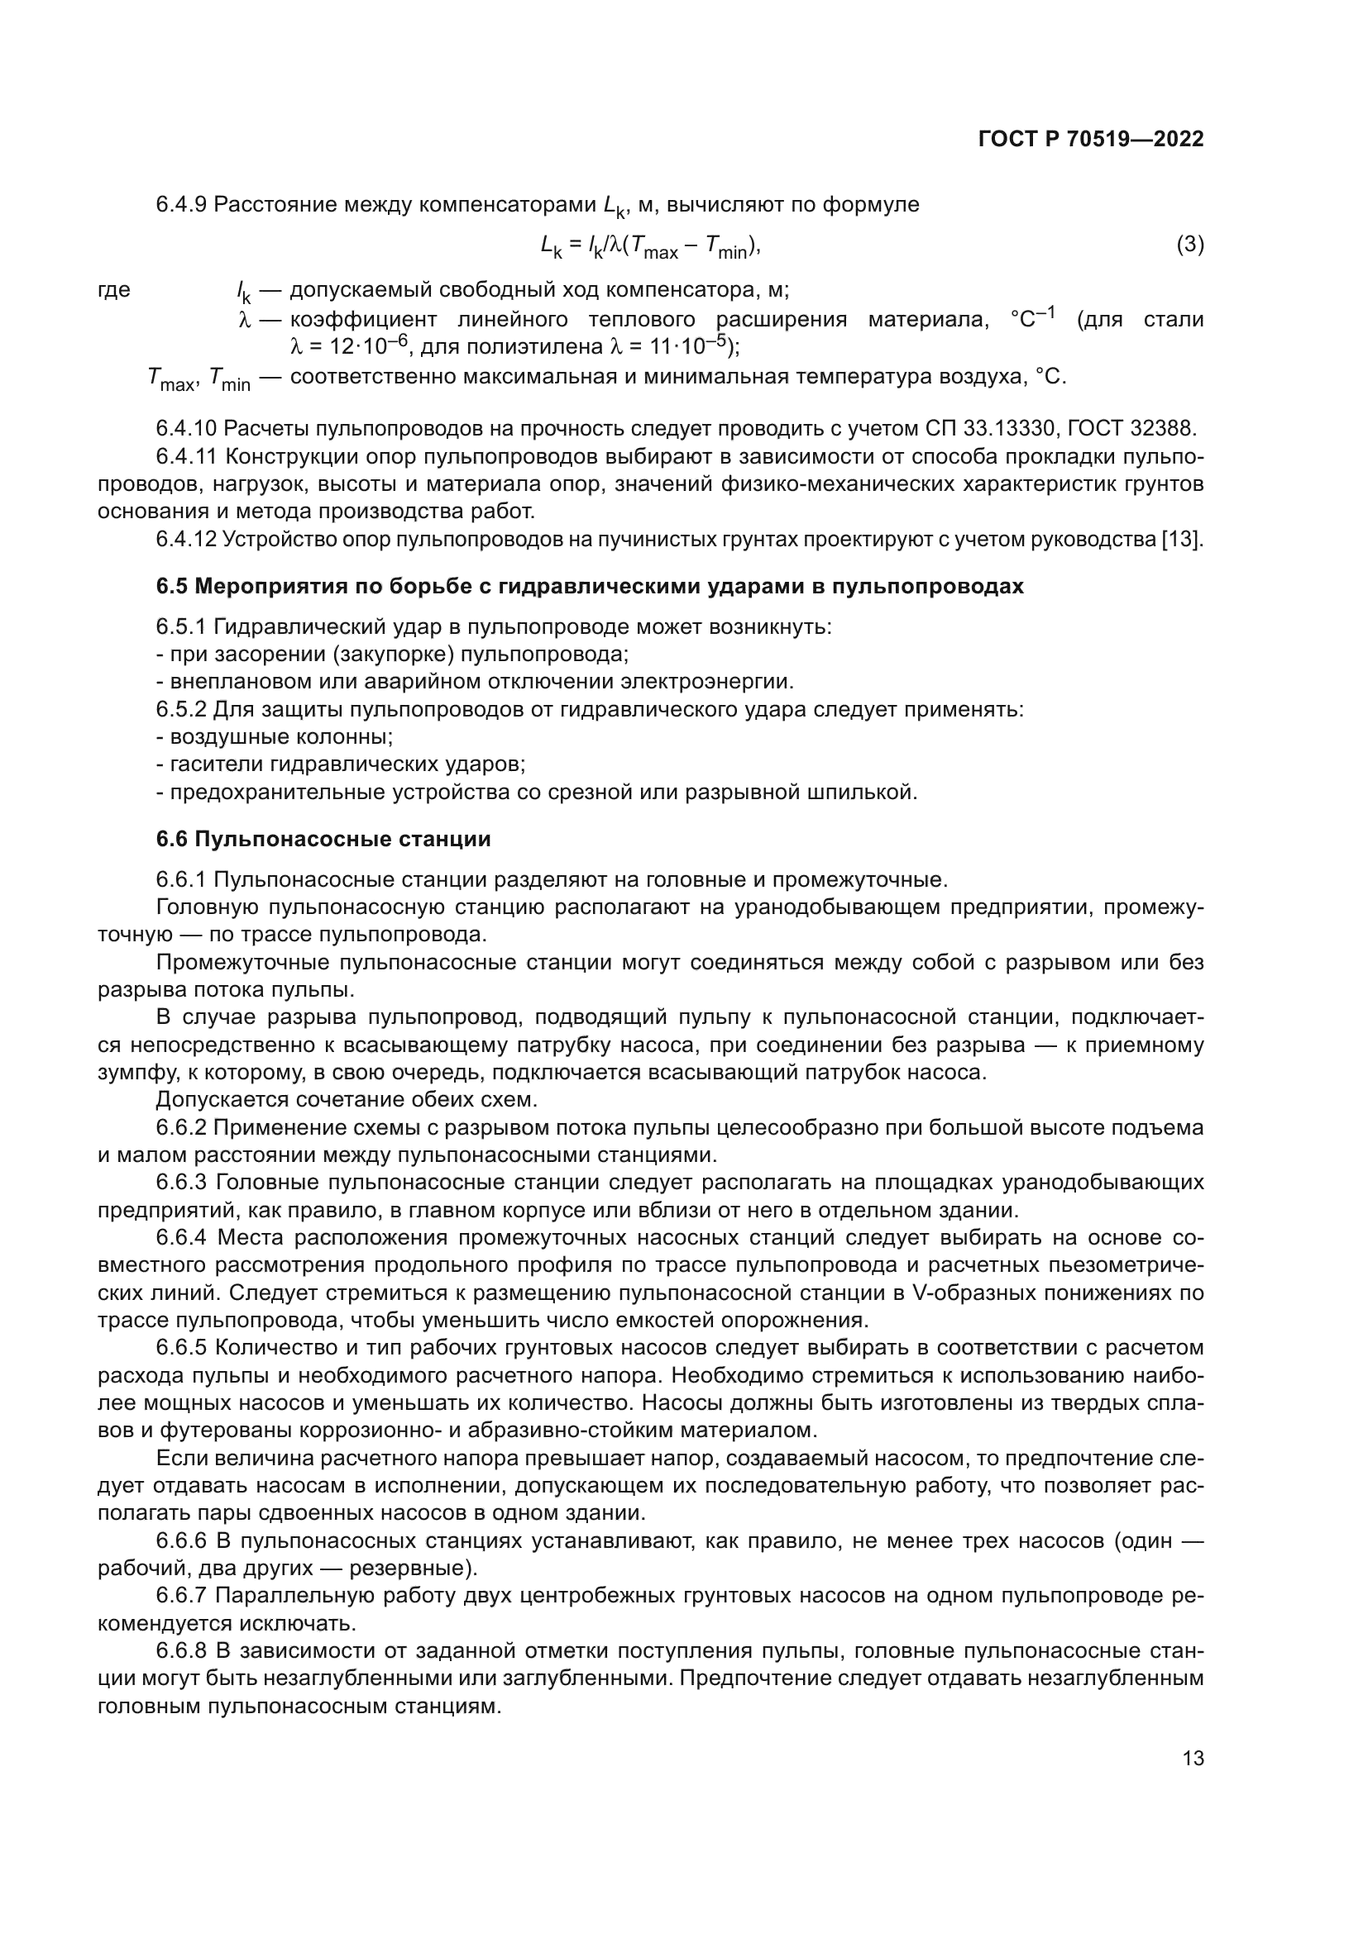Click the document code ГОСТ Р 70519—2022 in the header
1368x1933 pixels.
click(x=1091, y=140)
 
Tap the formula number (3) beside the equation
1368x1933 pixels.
click(x=1189, y=245)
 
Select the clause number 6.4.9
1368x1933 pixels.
click(x=181, y=205)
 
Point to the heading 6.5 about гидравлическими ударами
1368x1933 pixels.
click(x=590, y=587)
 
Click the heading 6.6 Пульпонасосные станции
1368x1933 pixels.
click(x=323, y=840)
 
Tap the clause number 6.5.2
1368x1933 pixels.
click(x=181, y=710)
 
